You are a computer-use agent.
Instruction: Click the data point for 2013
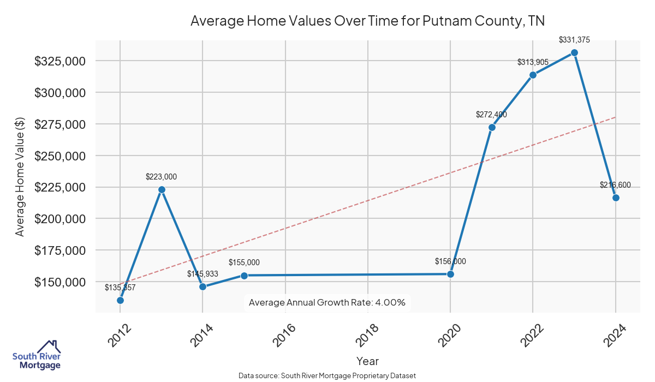click(162, 189)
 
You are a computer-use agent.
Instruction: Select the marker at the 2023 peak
click(574, 52)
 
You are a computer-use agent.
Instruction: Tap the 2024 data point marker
click(616, 198)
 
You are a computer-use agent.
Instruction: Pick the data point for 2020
click(450, 274)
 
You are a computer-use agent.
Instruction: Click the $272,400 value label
click(492, 115)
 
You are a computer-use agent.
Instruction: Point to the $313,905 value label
click(533, 62)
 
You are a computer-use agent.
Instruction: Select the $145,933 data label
click(203, 273)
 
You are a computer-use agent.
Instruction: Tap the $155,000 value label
click(244, 262)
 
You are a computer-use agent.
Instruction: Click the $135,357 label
click(120, 287)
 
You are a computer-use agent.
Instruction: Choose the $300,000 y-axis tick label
click(61, 93)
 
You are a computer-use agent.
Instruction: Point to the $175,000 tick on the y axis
click(61, 250)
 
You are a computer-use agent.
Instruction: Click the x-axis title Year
click(367, 361)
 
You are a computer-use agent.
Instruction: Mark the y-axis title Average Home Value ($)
click(20, 177)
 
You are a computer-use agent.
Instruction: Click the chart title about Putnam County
click(367, 21)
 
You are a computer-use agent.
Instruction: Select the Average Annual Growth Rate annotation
click(327, 302)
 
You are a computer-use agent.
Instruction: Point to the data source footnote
click(327, 376)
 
